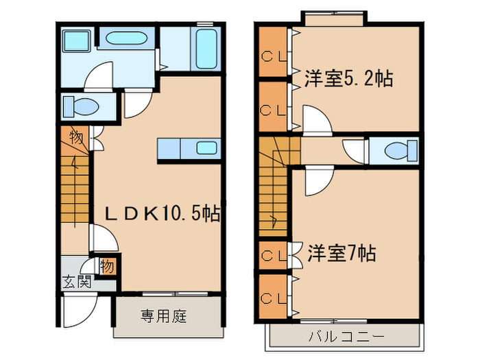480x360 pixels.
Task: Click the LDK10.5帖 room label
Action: [162, 214]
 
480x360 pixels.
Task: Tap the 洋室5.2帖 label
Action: [348, 79]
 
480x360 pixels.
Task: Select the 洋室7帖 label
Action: [341, 254]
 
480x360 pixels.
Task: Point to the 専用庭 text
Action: [165, 317]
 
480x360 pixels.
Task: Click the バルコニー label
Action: [345, 336]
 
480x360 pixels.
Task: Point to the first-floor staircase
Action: [74, 189]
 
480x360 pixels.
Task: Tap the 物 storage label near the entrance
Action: [107, 265]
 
